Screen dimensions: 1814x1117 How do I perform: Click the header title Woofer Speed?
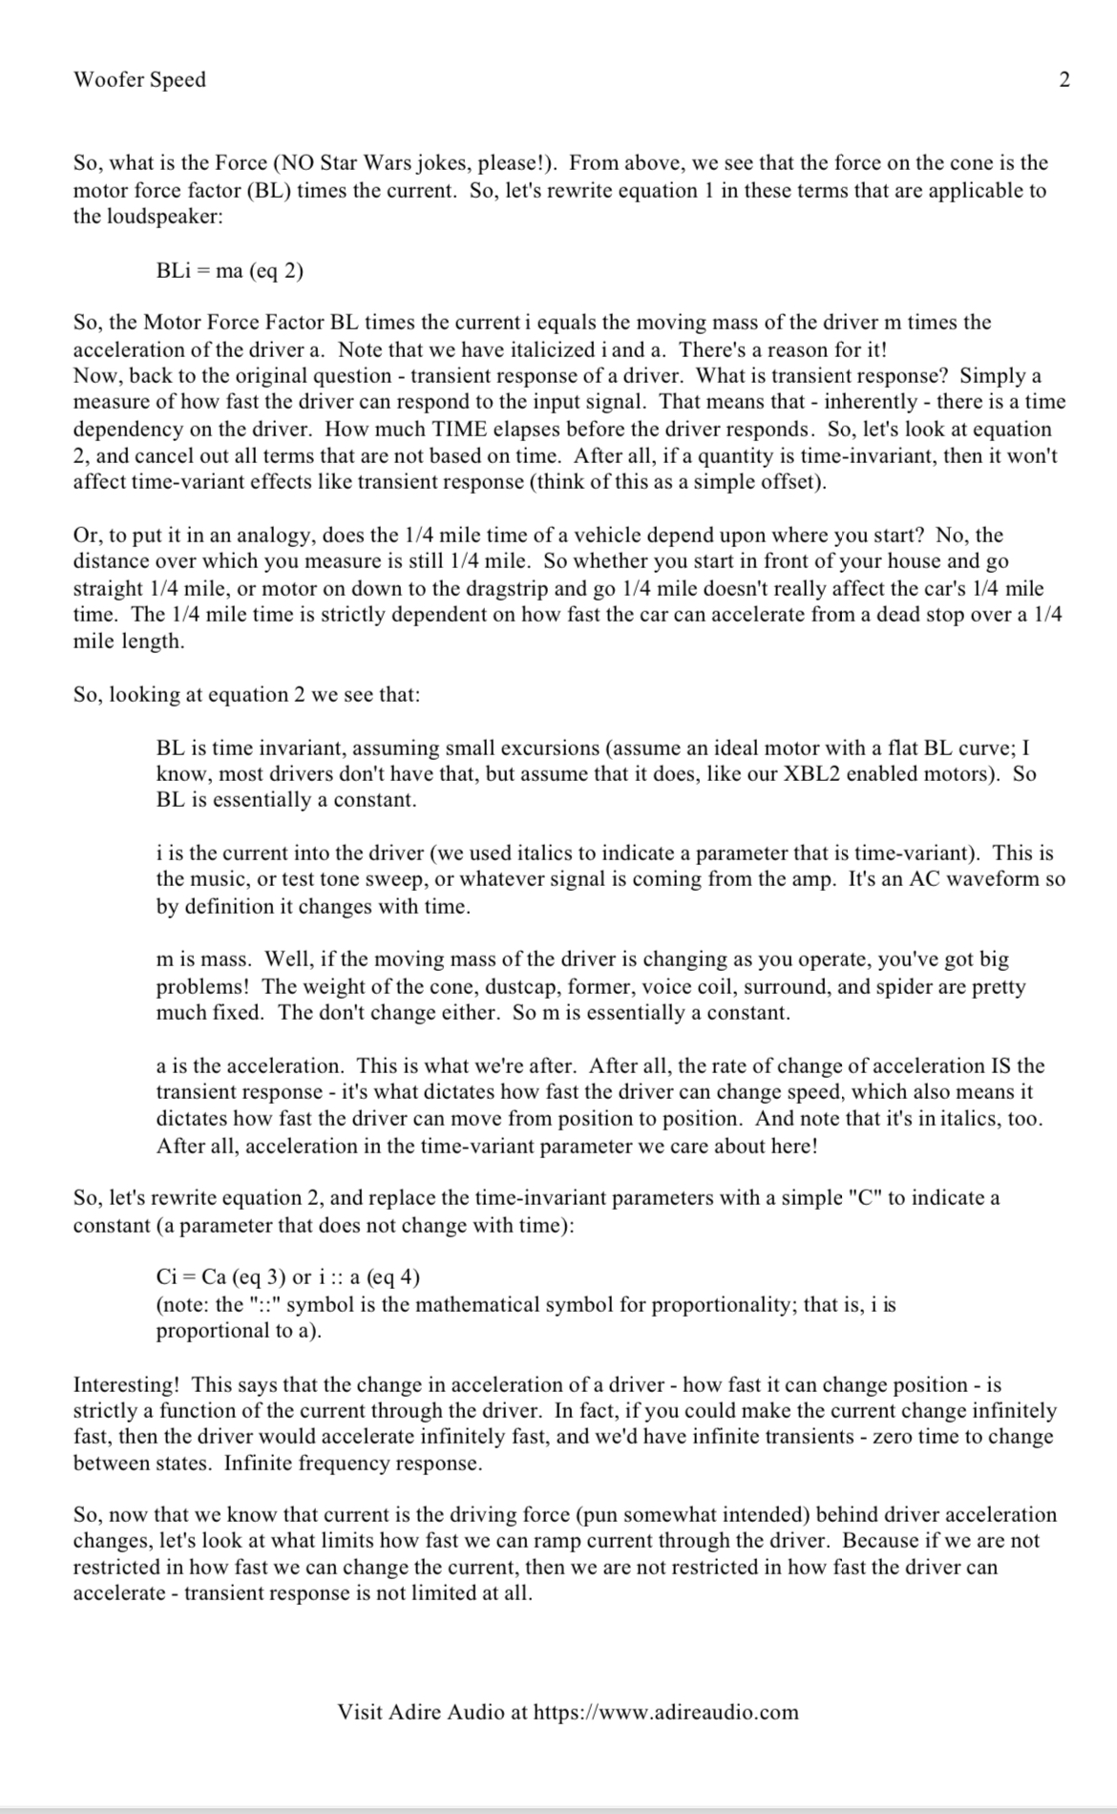click(139, 79)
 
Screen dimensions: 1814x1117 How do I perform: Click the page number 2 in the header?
click(1064, 79)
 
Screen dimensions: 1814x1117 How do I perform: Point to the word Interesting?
click(126, 1384)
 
